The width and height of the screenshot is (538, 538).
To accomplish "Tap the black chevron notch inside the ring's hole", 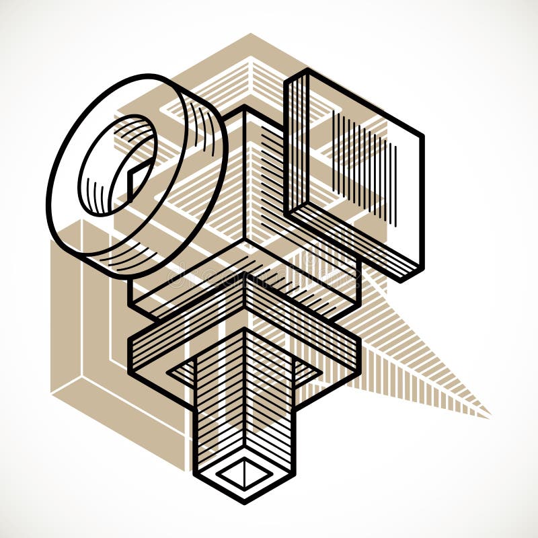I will (x=138, y=171).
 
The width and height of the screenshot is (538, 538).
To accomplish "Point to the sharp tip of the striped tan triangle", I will (x=490, y=414).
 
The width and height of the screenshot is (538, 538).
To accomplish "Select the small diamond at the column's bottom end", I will (x=244, y=475).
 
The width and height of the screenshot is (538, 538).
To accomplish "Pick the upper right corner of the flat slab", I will (x=423, y=134).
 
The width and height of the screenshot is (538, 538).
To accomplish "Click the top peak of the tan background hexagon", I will (x=251, y=34).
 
